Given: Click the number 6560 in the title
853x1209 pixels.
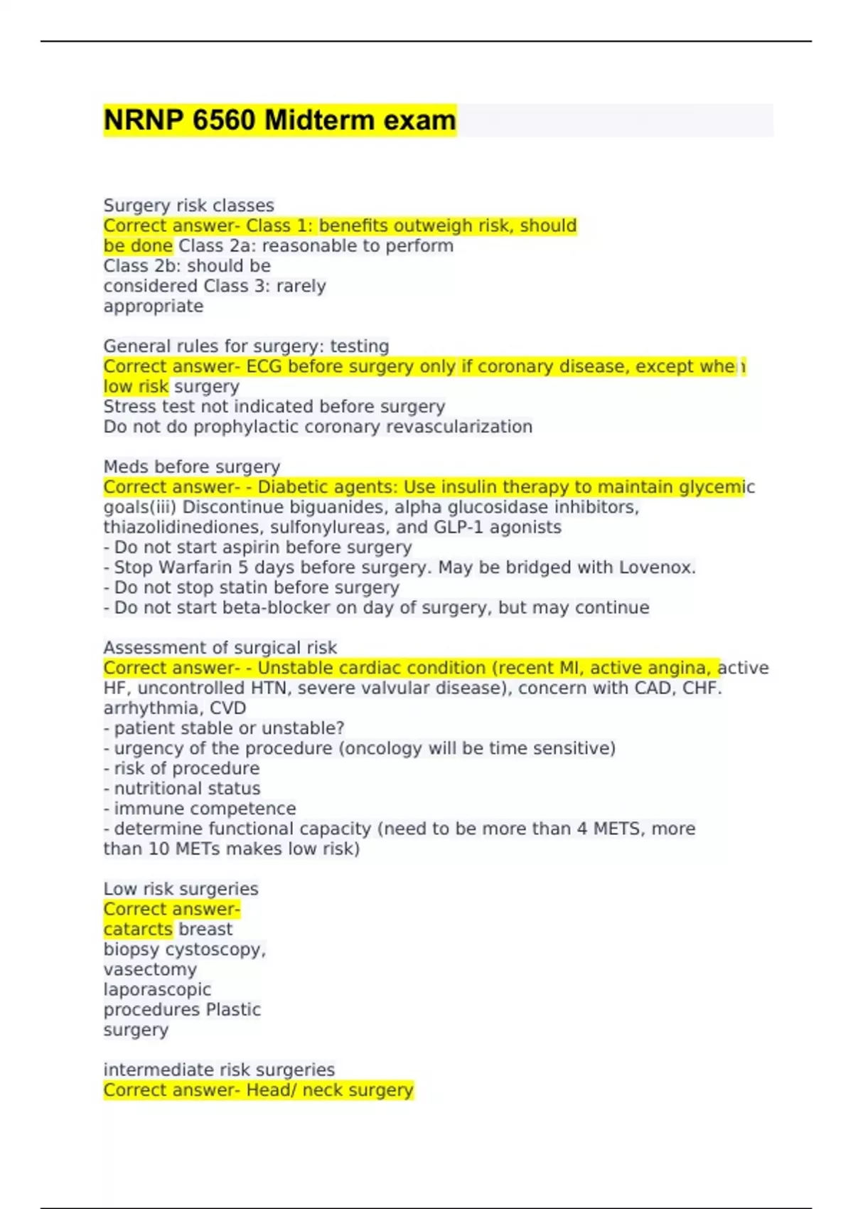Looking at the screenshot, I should (x=224, y=120).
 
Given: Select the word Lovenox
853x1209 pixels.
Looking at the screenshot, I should (x=657, y=568).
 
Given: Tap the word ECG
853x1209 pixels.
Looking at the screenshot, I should (x=264, y=366).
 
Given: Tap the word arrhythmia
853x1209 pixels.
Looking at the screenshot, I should (x=151, y=708).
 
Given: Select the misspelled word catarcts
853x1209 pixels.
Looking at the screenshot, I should (x=138, y=930).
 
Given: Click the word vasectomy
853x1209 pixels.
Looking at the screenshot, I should (x=150, y=969).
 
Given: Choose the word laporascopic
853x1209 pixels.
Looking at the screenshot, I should (x=157, y=989).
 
